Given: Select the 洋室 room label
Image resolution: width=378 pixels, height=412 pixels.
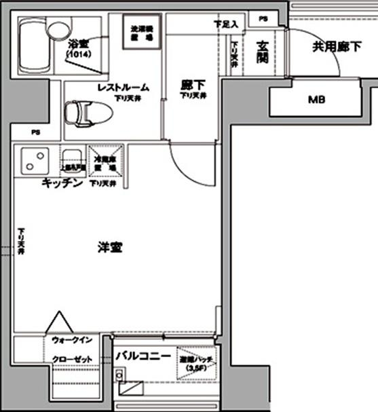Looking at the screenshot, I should coord(109,248).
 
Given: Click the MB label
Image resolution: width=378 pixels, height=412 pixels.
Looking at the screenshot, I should coord(317,100).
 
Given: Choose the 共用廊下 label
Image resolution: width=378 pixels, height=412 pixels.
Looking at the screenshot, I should coord(333,48).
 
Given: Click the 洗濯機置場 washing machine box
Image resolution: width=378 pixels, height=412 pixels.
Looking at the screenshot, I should coord(145,32).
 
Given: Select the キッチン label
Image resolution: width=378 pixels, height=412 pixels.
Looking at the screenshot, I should coord(62,183).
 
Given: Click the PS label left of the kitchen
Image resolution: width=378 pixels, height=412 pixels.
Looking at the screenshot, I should coord(35,132).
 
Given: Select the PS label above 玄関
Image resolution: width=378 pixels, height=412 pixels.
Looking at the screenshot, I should coord(263,18).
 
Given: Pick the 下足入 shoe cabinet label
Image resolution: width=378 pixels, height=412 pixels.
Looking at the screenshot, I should coord(225,24).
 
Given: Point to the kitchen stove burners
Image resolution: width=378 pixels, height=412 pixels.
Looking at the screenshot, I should coord(32,162).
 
